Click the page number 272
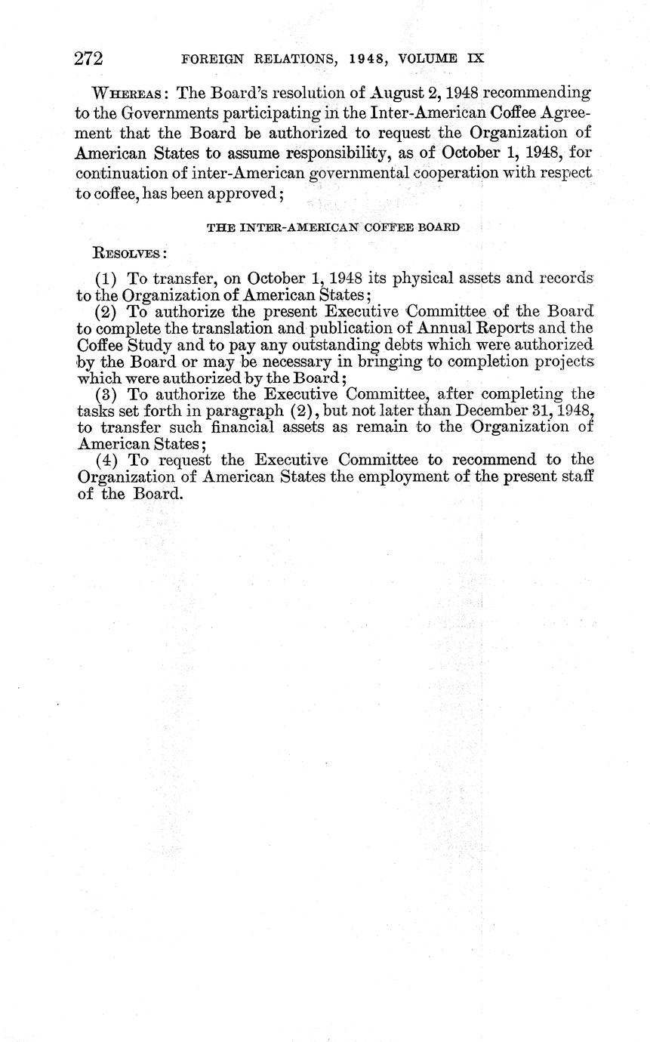coord(88,58)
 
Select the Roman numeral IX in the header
coord(474,58)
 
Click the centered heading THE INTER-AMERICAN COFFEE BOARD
coord(333,227)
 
